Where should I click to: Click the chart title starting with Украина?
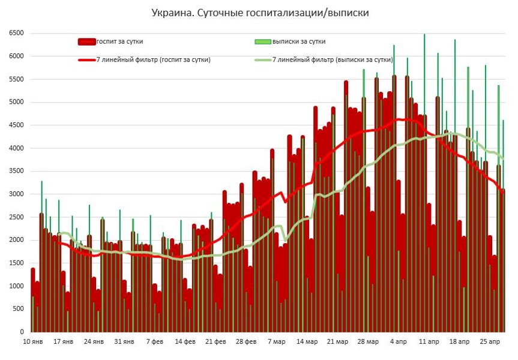coord(260,12)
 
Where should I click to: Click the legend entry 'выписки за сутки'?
coord(299,41)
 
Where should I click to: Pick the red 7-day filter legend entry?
coord(153,60)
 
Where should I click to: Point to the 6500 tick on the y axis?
coord(16,34)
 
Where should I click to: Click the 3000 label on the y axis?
coord(16,194)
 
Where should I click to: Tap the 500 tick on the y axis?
coord(18,309)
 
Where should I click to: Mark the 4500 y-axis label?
coord(16,125)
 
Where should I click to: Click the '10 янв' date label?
coord(32,342)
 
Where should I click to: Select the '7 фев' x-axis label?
coord(154,342)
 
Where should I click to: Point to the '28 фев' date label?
coord(246,342)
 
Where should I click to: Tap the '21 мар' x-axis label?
coord(337,342)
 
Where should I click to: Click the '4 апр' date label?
coord(399,342)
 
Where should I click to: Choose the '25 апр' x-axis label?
coord(490,342)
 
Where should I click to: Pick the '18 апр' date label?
coord(460,342)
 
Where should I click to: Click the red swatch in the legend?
coord(87,41)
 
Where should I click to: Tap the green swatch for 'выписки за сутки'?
coord(263,41)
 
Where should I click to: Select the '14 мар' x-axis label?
coord(307,342)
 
